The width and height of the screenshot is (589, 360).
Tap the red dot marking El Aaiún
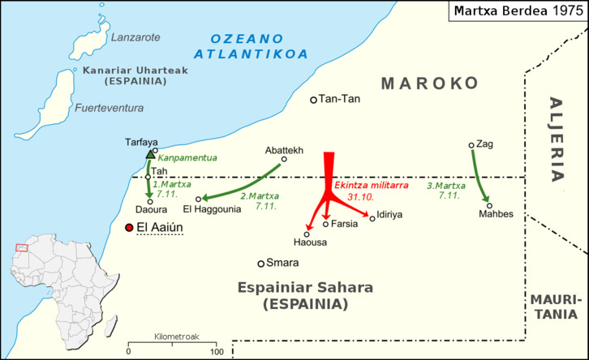pos(128,228)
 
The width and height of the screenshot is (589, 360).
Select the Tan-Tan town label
pos(340,100)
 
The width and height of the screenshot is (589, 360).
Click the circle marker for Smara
pos(261,264)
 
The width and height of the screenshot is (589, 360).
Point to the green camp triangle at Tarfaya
pos(149,154)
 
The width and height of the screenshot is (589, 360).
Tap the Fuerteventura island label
pos(109,108)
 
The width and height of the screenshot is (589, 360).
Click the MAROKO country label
pos(430,84)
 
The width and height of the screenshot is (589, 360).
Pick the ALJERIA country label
pos(557,139)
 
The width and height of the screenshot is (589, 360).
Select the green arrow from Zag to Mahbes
pos(479,177)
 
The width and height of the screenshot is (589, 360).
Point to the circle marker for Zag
pos(471,146)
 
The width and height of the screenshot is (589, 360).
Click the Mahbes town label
pos(497,215)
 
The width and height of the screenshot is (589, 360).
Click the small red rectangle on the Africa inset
pos(21,247)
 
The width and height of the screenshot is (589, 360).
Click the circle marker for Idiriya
pos(372,218)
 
